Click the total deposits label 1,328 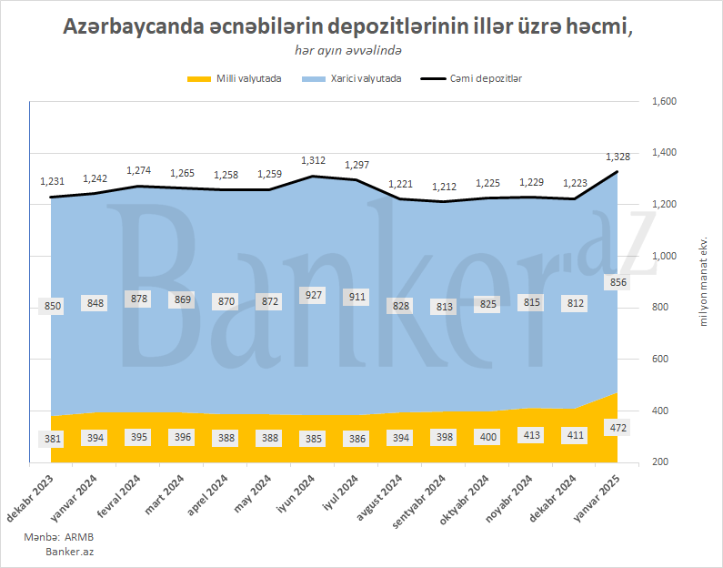click(x=618, y=157)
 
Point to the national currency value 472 click(x=618, y=428)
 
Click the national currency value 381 click(x=53, y=438)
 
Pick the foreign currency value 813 click(x=444, y=307)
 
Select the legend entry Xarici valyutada click(x=366, y=79)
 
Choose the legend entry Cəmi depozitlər click(x=486, y=79)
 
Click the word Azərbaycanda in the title click(x=132, y=27)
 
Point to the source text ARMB click(x=80, y=538)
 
